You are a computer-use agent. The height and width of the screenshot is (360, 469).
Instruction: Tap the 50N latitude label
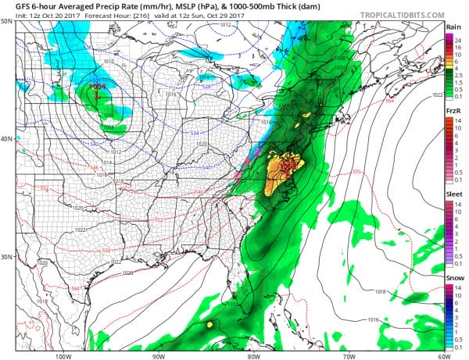[6, 21]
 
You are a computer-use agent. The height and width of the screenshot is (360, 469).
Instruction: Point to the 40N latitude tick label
[6, 139]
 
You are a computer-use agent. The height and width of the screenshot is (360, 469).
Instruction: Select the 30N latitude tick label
[6, 257]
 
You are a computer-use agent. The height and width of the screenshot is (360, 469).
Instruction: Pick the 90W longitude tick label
[158, 355]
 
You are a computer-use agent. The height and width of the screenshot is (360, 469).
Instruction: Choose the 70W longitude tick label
[347, 355]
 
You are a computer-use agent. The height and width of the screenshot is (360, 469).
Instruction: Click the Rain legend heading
[453, 27]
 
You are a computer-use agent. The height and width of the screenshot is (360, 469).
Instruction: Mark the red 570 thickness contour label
[356, 173]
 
